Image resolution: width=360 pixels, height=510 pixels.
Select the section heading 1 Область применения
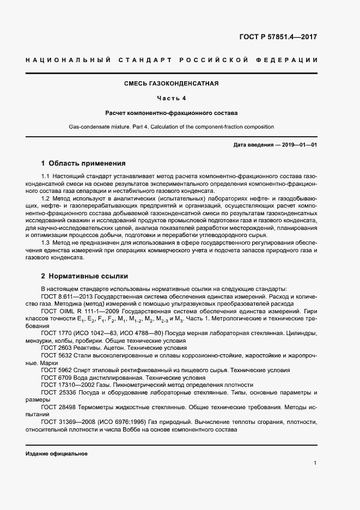point(83,163)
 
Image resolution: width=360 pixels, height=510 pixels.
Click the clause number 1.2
point(46,199)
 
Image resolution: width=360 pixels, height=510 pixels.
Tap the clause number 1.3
point(46,242)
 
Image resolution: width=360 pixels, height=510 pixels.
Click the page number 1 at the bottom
point(315,463)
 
